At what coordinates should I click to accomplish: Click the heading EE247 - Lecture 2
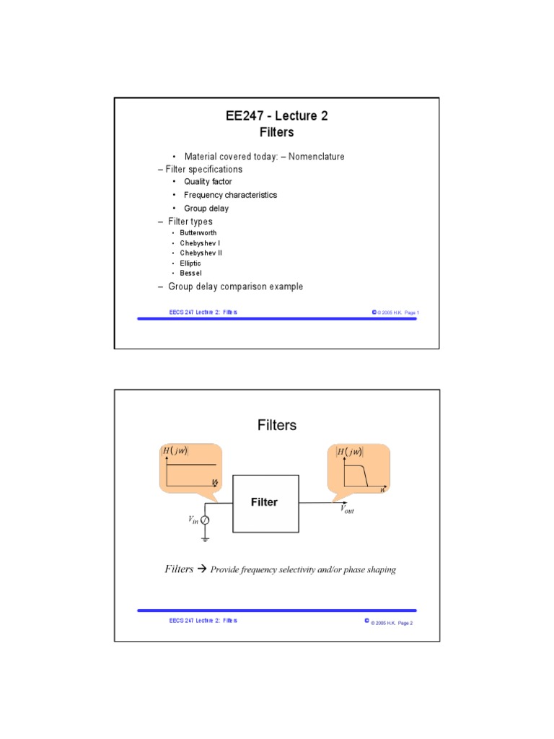[276, 115]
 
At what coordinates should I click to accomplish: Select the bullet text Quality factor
[208, 182]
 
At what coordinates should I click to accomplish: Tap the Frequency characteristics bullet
[230, 195]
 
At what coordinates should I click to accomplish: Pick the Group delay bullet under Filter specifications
[206, 209]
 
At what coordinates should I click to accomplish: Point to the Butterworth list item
[198, 233]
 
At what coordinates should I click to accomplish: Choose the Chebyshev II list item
[201, 253]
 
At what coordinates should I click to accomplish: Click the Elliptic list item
[190, 263]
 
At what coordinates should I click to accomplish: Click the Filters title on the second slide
[277, 425]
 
